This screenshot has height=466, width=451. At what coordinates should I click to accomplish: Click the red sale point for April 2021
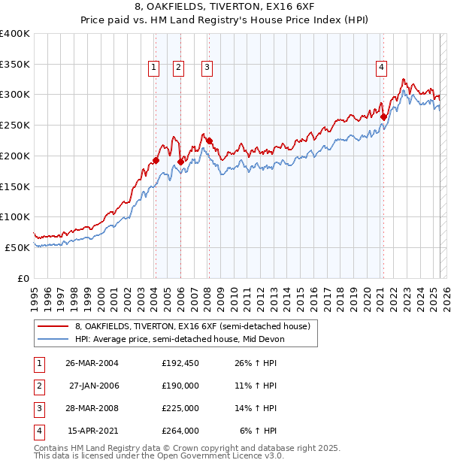(x=383, y=116)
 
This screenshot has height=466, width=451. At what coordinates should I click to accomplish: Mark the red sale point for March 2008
(x=210, y=141)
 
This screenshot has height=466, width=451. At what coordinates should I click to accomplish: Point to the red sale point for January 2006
(x=181, y=162)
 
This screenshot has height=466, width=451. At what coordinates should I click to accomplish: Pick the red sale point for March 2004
(x=156, y=160)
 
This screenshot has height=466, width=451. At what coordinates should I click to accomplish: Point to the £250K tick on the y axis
(x=15, y=126)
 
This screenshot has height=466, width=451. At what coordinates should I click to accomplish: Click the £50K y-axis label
(x=17, y=247)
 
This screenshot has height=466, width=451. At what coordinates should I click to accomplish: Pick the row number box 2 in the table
(x=38, y=386)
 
